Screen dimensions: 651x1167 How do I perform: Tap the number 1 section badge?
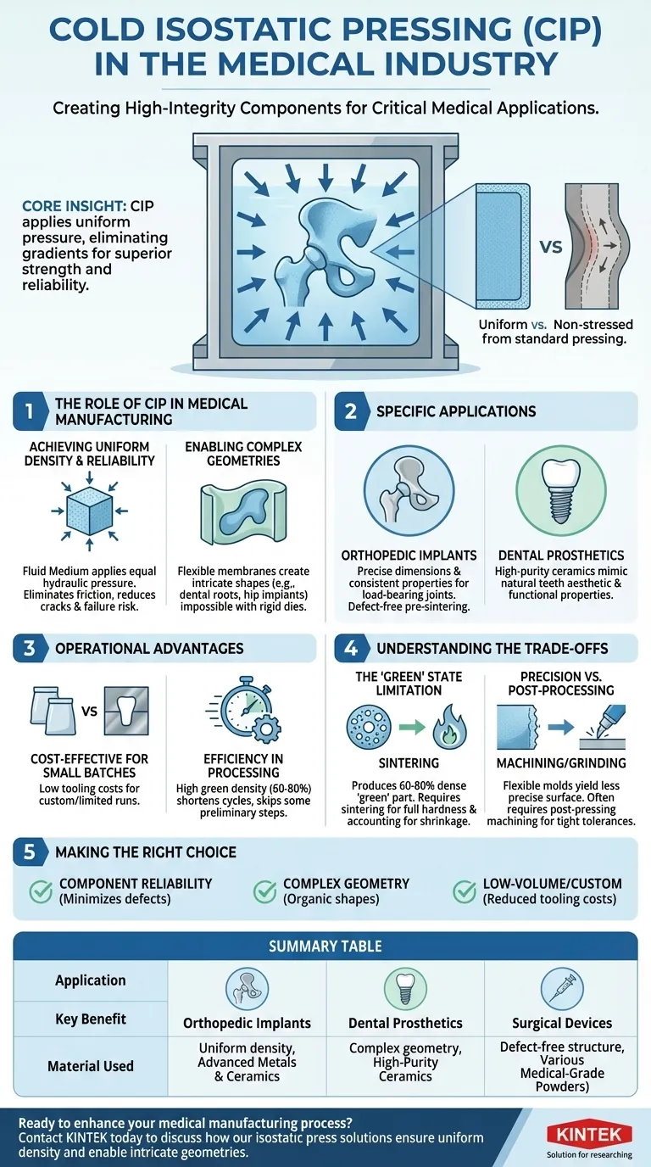pos(30,411)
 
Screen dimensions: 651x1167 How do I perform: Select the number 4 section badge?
pos(351,648)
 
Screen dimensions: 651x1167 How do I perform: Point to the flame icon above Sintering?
pos(449,726)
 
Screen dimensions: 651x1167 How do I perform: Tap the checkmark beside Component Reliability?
pos(41,891)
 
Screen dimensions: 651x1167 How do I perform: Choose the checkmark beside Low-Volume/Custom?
pos(464,891)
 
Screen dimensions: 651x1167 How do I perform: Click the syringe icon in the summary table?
pos(561,988)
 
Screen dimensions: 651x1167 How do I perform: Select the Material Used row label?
pos(91,1066)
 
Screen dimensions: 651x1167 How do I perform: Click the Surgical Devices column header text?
pos(562,1023)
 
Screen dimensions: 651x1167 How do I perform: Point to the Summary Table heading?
pos(325,946)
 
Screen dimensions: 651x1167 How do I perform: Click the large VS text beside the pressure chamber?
pos(550,246)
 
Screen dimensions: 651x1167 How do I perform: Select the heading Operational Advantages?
pos(149,648)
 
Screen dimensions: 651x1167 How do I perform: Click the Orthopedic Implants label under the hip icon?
pos(409,556)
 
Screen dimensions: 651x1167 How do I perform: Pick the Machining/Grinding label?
pos(561,763)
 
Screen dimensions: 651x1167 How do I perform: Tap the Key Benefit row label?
pos(91,1019)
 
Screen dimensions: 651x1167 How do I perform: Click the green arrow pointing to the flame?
pos(412,726)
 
